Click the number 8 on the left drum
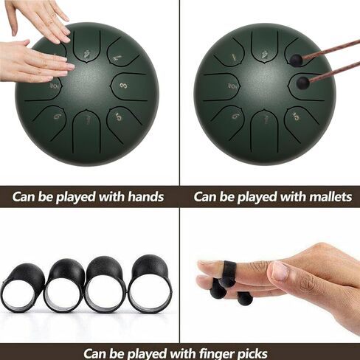click(x=123, y=86)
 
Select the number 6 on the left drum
click(x=57, y=116)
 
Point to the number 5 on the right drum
click(x=297, y=117)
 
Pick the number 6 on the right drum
click(x=236, y=115)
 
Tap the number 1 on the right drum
click(x=234, y=57)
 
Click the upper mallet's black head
click(x=296, y=60)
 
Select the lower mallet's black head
click(x=303, y=83)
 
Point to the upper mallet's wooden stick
click(x=330, y=49)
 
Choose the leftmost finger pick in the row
click(x=23, y=288)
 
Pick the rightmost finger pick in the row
click(x=150, y=284)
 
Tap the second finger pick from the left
click(x=65, y=285)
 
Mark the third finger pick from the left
click(x=105, y=285)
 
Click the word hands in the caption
click(x=145, y=197)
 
